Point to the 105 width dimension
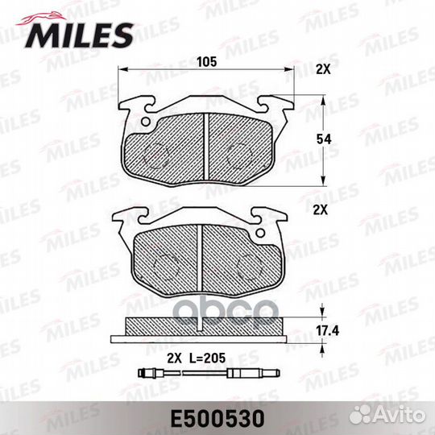(x=207, y=60)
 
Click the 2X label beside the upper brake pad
(x=323, y=70)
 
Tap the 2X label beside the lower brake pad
(x=321, y=209)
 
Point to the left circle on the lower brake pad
(x=164, y=266)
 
